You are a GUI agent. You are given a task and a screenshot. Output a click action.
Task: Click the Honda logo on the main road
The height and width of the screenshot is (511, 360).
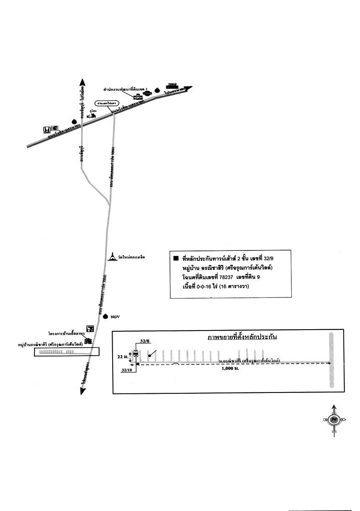click(x=46, y=129)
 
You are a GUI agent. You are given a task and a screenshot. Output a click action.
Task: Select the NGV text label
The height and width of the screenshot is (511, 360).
click(x=115, y=317)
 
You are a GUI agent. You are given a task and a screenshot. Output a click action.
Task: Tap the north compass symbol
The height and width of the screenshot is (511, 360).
click(x=334, y=420)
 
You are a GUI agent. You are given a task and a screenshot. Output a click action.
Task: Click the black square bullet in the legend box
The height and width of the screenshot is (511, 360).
click(x=176, y=258)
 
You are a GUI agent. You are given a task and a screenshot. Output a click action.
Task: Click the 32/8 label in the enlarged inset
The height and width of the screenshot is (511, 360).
click(x=145, y=342)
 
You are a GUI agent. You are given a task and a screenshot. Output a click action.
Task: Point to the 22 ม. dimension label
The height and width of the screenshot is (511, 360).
click(x=123, y=356)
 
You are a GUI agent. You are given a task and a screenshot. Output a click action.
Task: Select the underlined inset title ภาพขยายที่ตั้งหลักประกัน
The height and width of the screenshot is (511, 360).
click(x=242, y=337)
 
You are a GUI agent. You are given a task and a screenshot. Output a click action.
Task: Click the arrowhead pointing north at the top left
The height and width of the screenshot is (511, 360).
click(x=82, y=82)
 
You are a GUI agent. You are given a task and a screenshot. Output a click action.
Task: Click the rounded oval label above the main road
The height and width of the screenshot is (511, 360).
click(x=108, y=103)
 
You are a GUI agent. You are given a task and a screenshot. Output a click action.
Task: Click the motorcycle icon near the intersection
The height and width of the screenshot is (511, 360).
click(x=91, y=115)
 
